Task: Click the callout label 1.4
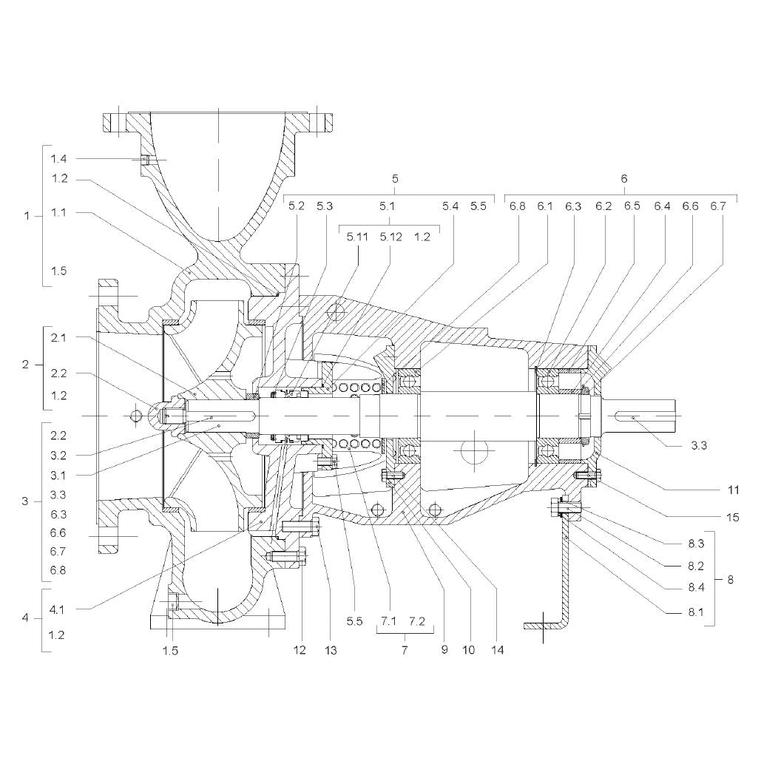[58, 159]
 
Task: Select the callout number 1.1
[58, 212]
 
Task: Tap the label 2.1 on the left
[58, 338]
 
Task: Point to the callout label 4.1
[57, 609]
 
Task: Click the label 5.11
[357, 237]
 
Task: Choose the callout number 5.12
[390, 237]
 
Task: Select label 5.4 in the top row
[450, 206]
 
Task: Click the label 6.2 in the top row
[603, 206]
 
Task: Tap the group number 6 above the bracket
[624, 179]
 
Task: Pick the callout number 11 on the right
[734, 490]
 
